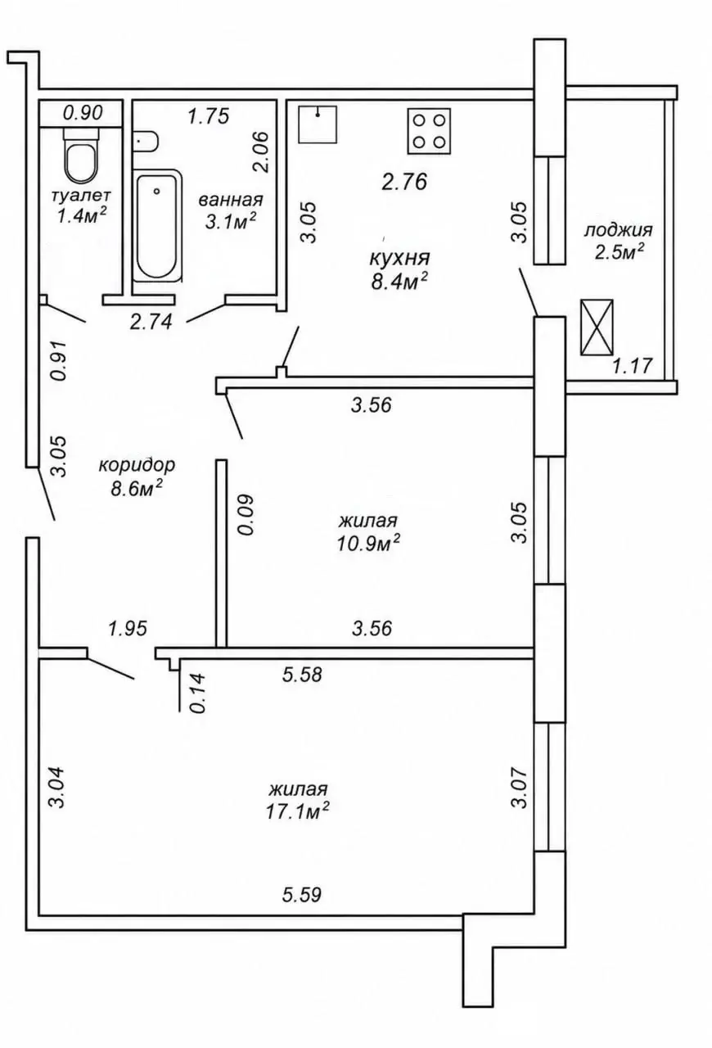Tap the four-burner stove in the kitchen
(430, 132)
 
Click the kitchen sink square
(318, 124)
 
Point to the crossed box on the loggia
(597, 327)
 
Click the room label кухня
(399, 258)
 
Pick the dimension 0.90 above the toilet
(83, 113)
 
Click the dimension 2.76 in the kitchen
(404, 182)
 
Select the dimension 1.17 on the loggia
(632, 366)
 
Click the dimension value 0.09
(246, 514)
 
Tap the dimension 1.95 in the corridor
(127, 628)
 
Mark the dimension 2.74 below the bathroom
(151, 322)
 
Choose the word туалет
(81, 194)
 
